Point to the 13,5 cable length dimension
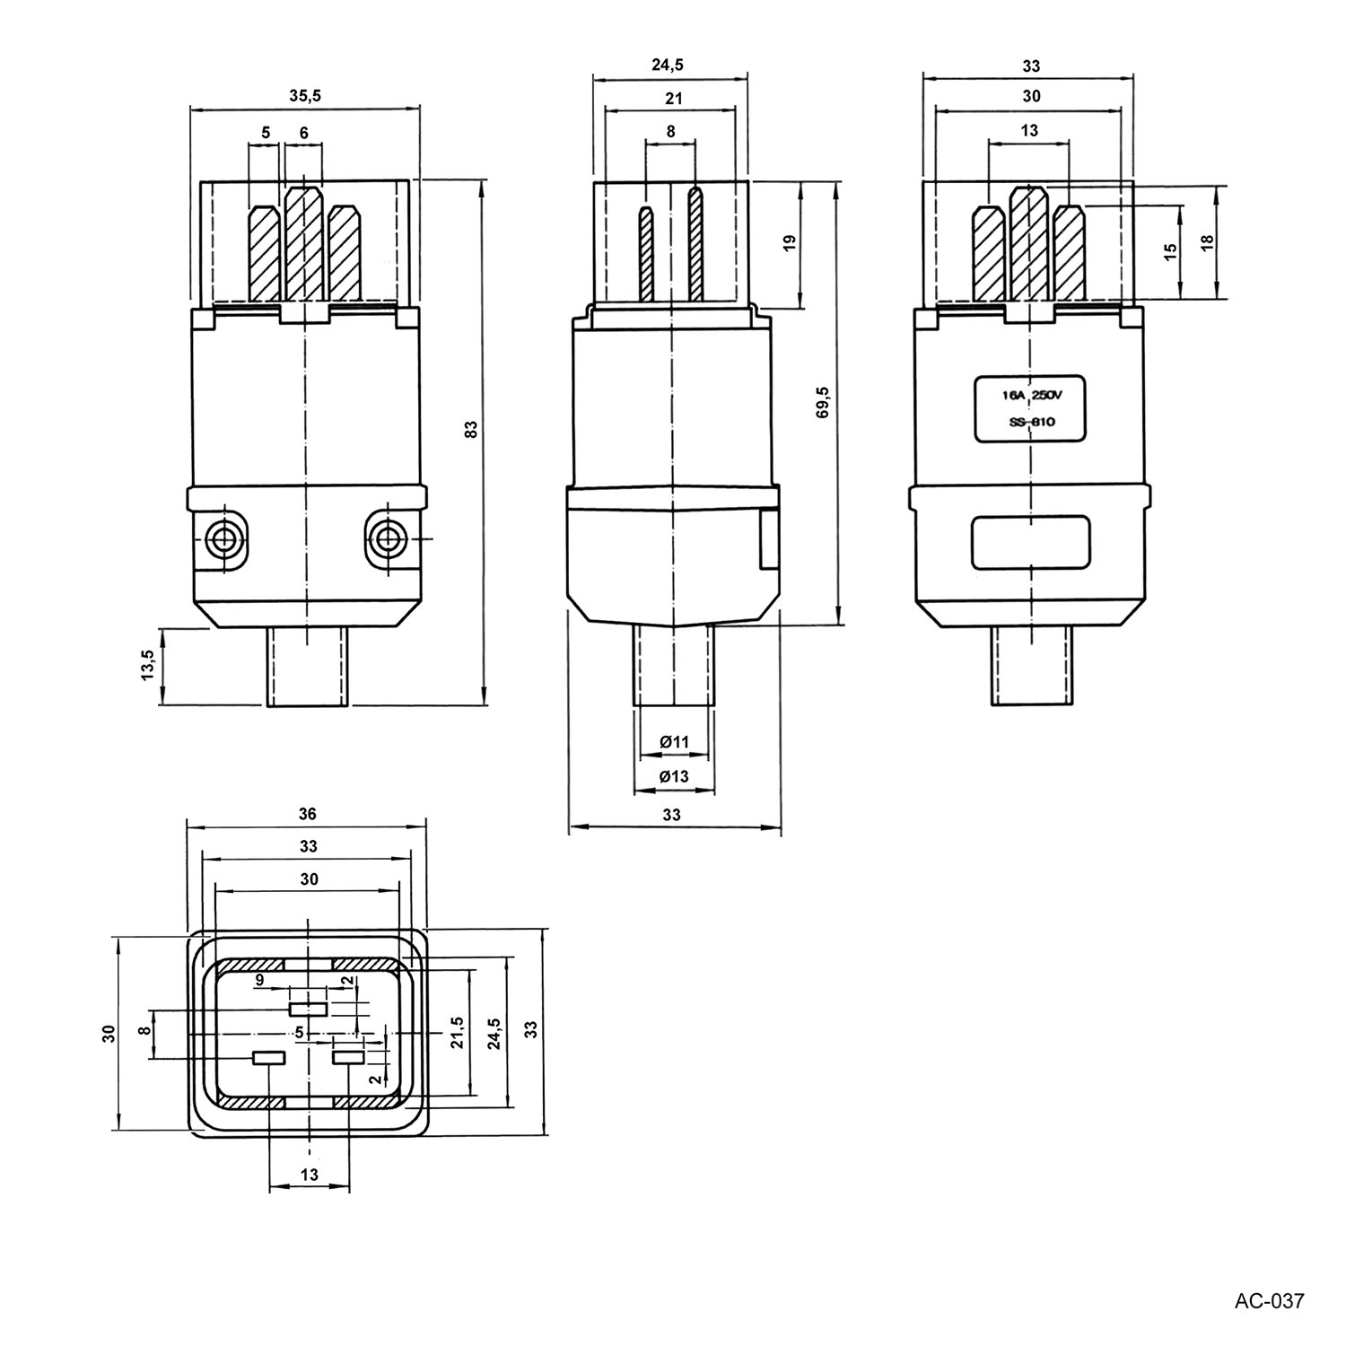pos(148,666)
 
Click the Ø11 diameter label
pos(674,742)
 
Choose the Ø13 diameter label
pos(674,776)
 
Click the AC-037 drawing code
pos(1269,1300)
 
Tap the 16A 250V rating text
pos(1031,395)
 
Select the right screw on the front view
pos(388,539)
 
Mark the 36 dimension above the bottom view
pos(308,815)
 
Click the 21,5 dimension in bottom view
pos(457,1033)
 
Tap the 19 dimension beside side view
pos(790,243)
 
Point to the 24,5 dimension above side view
pos(667,65)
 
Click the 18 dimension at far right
pos(1207,241)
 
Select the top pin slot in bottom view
pos(308,1009)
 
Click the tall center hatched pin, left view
pos(303,242)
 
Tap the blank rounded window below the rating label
pos(1031,542)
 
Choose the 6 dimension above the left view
pos(304,133)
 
